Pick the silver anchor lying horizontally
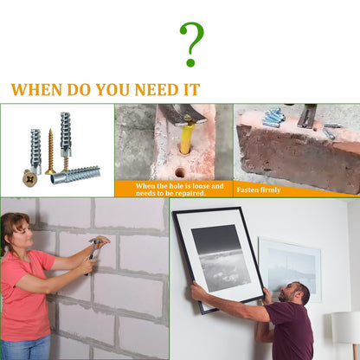point(78,174)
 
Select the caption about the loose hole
point(179,190)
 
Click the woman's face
point(20,232)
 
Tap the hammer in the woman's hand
point(93,248)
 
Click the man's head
point(297,294)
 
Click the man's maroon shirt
point(291,333)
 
